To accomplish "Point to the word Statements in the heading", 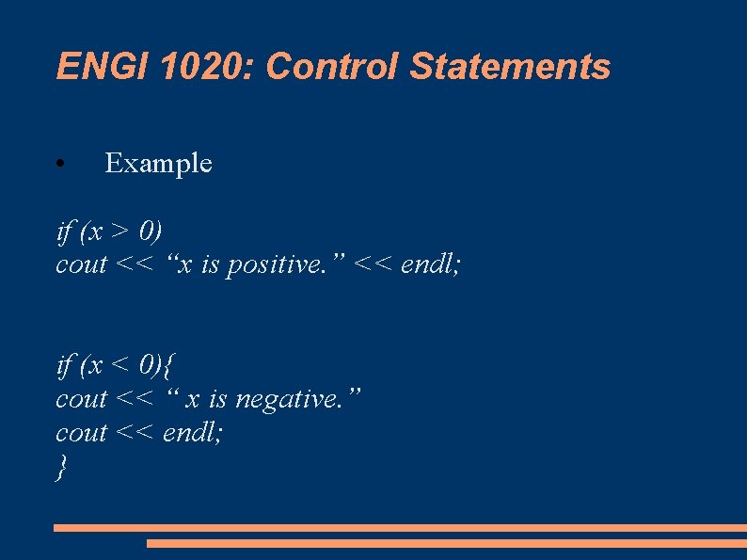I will pyautogui.click(x=510, y=67).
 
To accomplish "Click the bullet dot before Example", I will pyautogui.click(x=59, y=165).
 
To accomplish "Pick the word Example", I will pyautogui.click(x=158, y=164).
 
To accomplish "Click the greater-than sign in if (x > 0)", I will pyautogui.click(x=120, y=232).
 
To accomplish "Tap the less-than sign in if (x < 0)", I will pyautogui.click(x=120, y=365).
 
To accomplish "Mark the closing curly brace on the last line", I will pyautogui.click(x=62, y=468).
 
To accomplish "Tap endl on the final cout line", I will pyautogui.click(x=192, y=434).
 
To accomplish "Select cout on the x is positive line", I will pyautogui.click(x=82, y=266).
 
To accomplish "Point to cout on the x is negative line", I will pyautogui.click(x=82, y=400).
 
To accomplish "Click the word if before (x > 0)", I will pyautogui.click(x=64, y=232).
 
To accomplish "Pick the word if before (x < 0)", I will pyautogui.click(x=64, y=365).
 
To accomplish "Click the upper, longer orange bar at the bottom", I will pyautogui.click(x=400, y=528).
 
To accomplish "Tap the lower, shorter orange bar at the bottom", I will pyautogui.click(x=446, y=543).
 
